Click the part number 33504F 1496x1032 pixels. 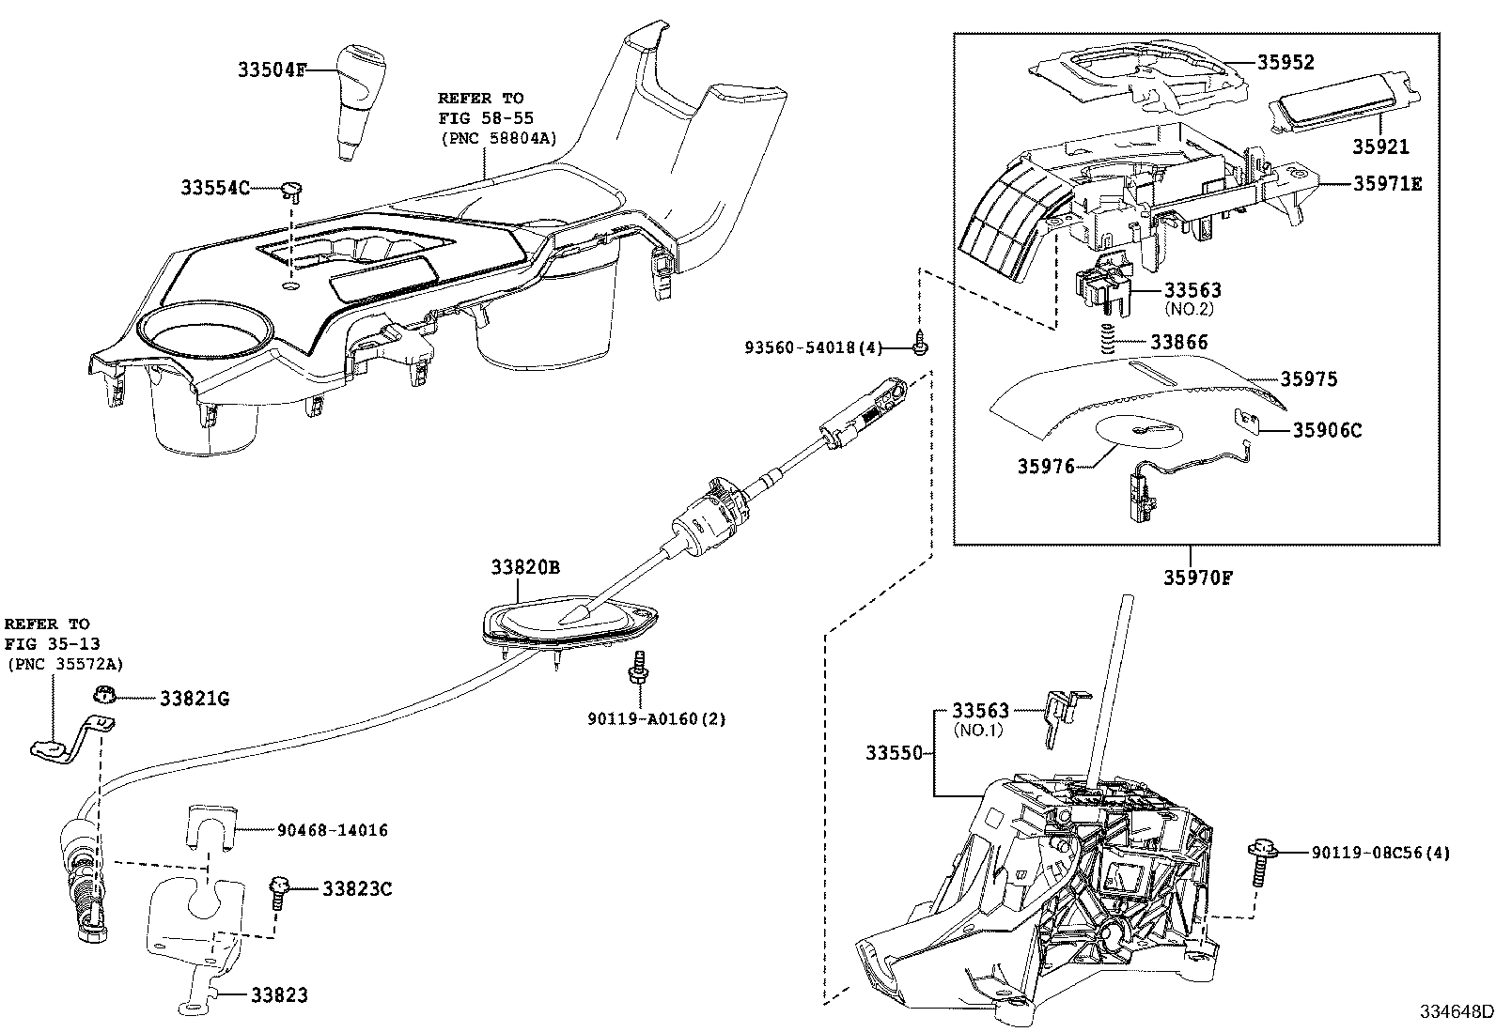pyautogui.click(x=272, y=69)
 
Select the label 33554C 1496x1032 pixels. pyautogui.click(x=215, y=188)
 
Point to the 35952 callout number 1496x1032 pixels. pyautogui.click(x=1286, y=62)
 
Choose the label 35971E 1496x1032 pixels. pyautogui.click(x=1387, y=184)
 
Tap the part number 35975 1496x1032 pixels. pyautogui.click(x=1309, y=379)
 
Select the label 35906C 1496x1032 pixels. pyautogui.click(x=1327, y=430)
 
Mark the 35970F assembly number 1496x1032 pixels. pyautogui.click(x=1198, y=578)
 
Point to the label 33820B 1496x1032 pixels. pyautogui.click(x=524, y=567)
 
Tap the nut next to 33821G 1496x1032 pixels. pyautogui.click(x=103, y=696)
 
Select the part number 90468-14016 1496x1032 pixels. pyautogui.click(x=332, y=830)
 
